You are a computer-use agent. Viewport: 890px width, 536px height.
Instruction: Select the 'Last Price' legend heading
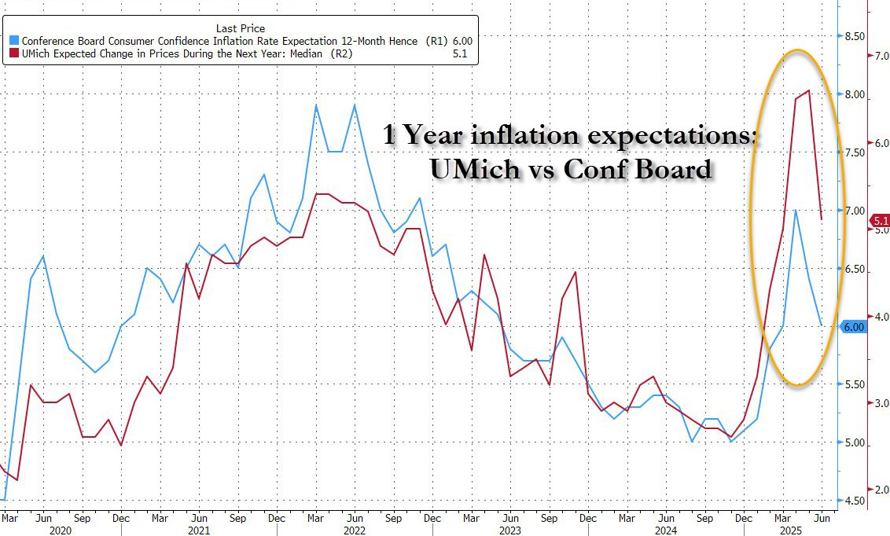coord(241,28)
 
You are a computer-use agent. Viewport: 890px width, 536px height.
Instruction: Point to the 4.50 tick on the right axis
coord(854,501)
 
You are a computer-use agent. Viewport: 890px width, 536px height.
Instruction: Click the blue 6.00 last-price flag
coord(853,327)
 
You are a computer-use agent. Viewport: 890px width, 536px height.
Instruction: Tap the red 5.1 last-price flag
coord(881,221)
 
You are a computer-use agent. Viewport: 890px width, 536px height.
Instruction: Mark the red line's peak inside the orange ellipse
coord(809,91)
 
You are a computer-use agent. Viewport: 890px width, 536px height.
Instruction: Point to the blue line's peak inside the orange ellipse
coord(796,211)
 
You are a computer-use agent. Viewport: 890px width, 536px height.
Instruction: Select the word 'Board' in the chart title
coord(672,168)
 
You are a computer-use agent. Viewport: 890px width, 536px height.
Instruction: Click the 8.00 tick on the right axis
coord(854,95)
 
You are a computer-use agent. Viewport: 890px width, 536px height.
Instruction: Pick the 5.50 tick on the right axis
coord(854,385)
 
